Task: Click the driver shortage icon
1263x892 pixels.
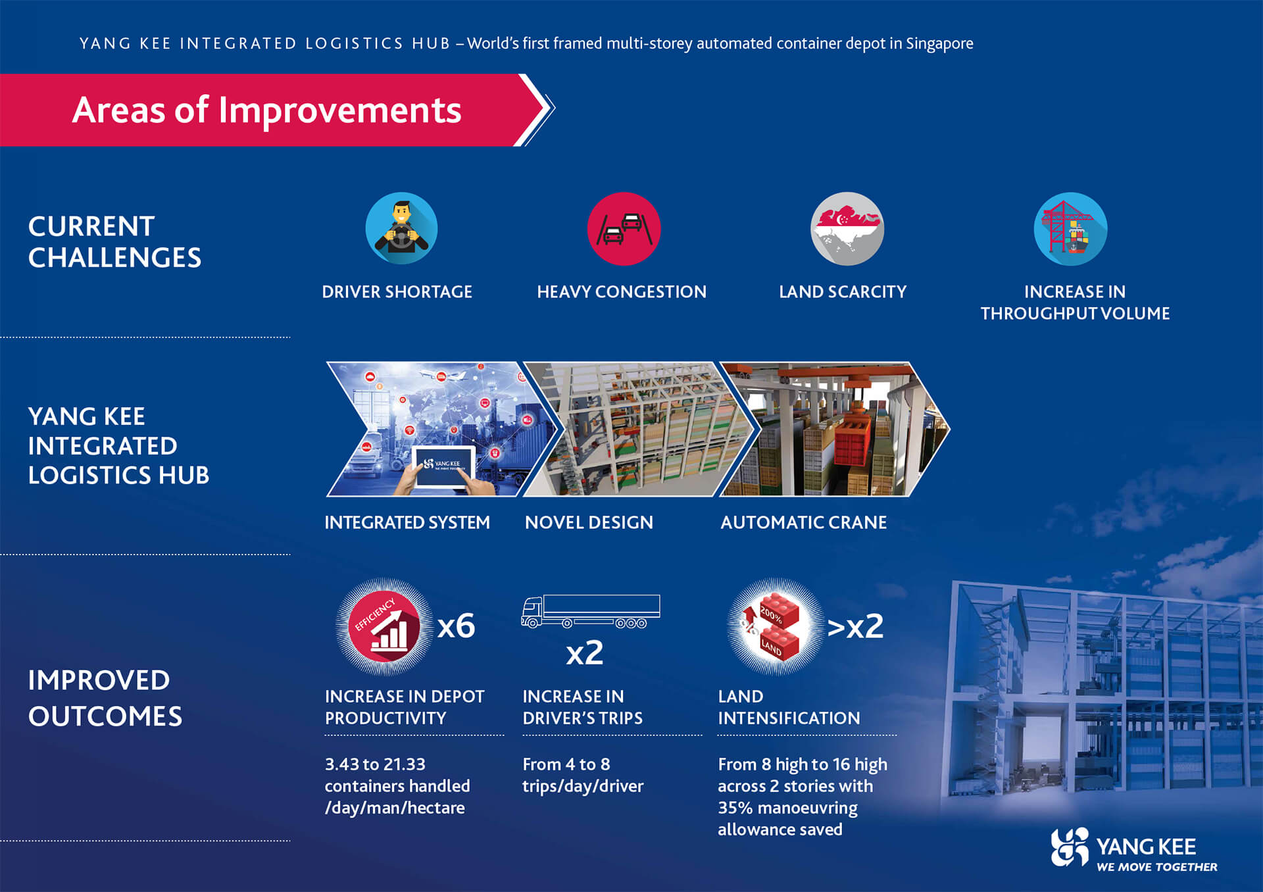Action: point(401,228)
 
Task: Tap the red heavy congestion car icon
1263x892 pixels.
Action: point(624,228)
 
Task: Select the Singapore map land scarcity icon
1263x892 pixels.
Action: point(847,228)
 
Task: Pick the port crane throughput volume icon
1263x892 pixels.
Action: point(1070,228)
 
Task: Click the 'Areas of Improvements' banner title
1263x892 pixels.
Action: point(266,110)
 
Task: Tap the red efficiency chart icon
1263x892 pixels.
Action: point(385,627)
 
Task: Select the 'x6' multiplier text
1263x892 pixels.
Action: point(456,626)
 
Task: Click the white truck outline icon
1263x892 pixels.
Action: point(591,611)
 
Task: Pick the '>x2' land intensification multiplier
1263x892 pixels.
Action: point(855,626)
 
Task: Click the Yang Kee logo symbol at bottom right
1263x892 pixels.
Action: point(1070,847)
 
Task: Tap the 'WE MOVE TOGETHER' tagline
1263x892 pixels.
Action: point(1156,867)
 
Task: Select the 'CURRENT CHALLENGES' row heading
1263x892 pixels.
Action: point(114,242)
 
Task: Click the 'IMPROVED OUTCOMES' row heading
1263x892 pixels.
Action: point(105,698)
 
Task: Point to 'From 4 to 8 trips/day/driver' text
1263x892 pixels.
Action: point(583,775)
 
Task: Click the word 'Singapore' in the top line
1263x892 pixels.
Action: point(939,44)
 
